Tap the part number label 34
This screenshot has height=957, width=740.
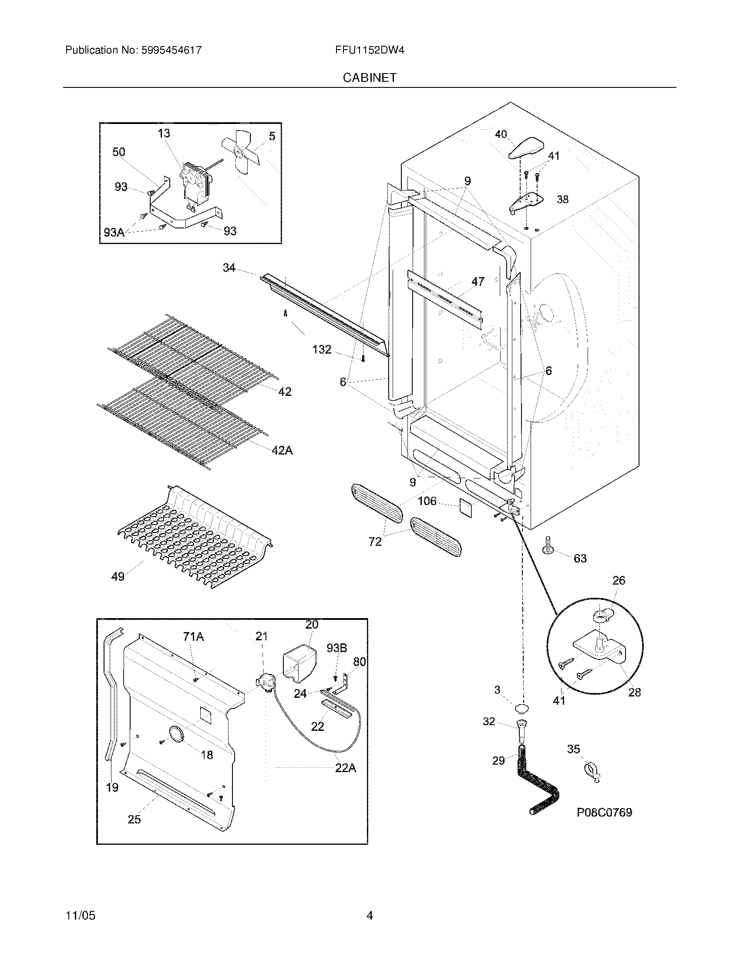pyautogui.click(x=229, y=268)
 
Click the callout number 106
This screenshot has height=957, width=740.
pyautogui.click(x=427, y=501)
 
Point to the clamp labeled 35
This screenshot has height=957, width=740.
pyautogui.click(x=592, y=773)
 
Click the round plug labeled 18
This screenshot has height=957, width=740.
pyautogui.click(x=177, y=735)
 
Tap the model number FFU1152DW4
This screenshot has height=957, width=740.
pyautogui.click(x=370, y=50)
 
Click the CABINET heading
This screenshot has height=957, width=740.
pyautogui.click(x=370, y=77)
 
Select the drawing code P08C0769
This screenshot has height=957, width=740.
pyautogui.click(x=604, y=813)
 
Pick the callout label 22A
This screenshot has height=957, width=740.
pyautogui.click(x=346, y=768)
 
